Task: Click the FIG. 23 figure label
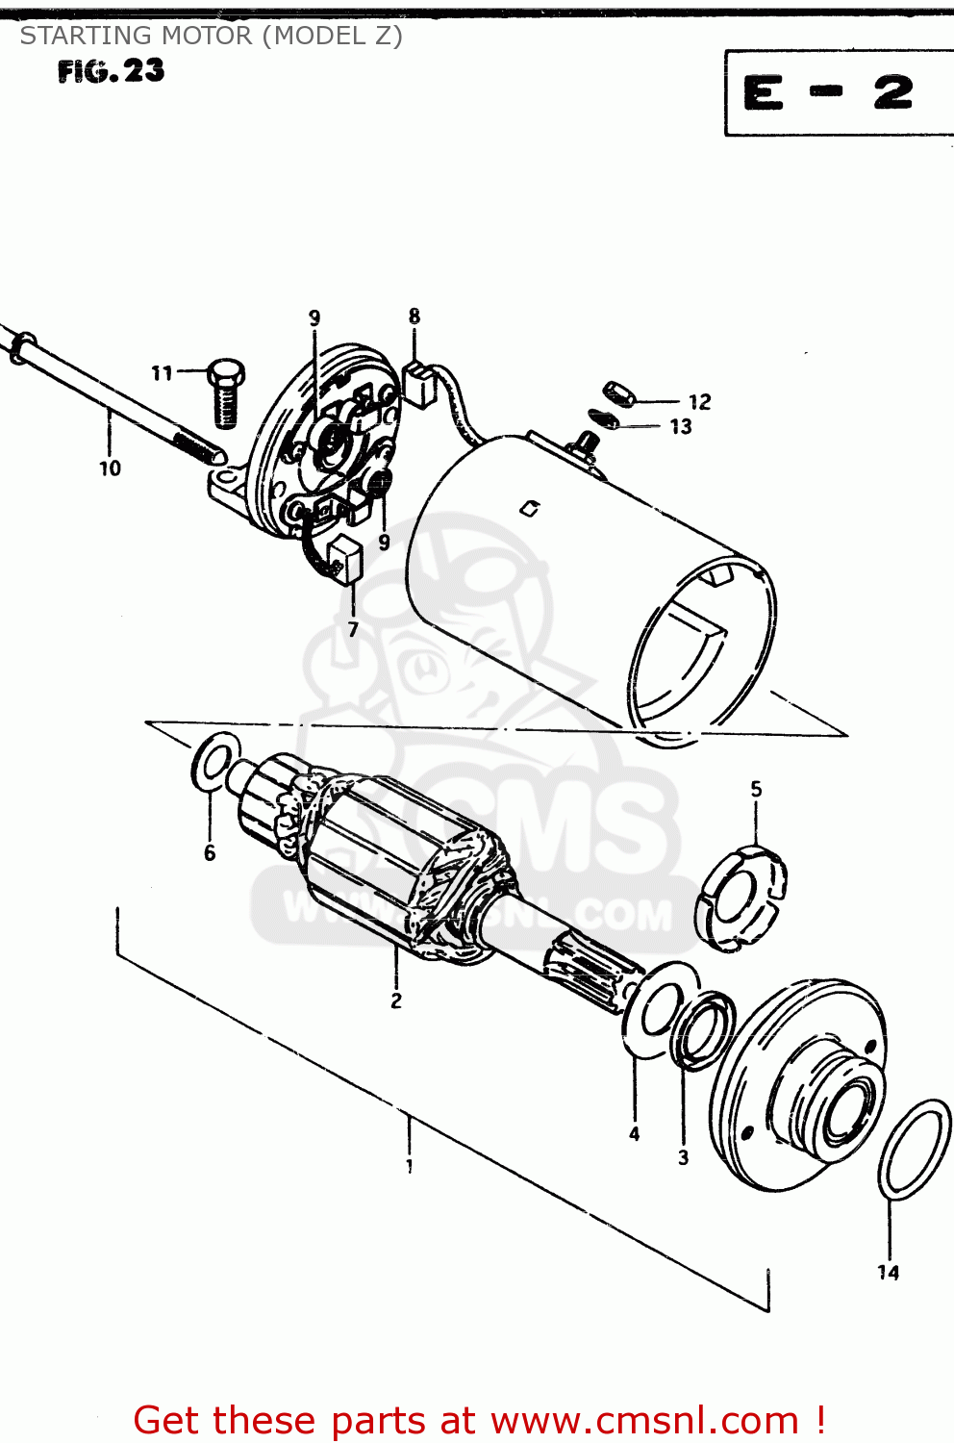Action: click(111, 71)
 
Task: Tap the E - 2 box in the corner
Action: click(828, 93)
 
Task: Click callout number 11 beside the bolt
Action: click(162, 372)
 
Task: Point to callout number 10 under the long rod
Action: click(110, 468)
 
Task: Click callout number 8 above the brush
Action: click(414, 316)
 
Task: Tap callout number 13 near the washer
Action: click(681, 426)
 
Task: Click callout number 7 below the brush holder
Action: click(353, 629)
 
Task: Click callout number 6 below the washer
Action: click(210, 852)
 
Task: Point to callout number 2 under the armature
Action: click(396, 1000)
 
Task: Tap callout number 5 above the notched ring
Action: click(756, 789)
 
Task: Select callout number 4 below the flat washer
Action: click(635, 1134)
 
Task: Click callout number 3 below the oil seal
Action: click(684, 1157)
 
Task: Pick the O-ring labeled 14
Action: click(914, 1150)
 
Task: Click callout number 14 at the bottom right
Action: click(889, 1273)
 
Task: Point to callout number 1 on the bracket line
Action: click(410, 1166)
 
